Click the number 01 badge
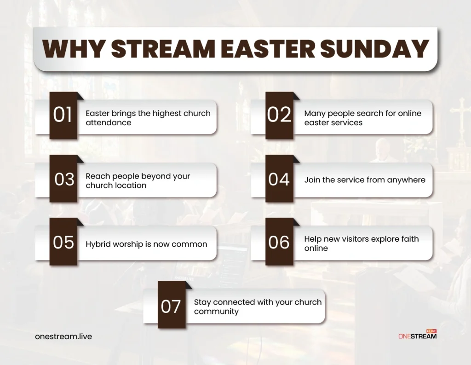(63, 116)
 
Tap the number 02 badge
(279, 116)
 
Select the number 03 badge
(64, 180)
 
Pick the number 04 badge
(279, 180)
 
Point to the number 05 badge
(63, 243)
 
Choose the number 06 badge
(279, 243)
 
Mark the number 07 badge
(171, 306)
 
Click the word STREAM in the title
(164, 49)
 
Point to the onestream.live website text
(63, 336)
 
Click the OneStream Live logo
(417, 335)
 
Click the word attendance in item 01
(108, 123)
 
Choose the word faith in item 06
(409, 239)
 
